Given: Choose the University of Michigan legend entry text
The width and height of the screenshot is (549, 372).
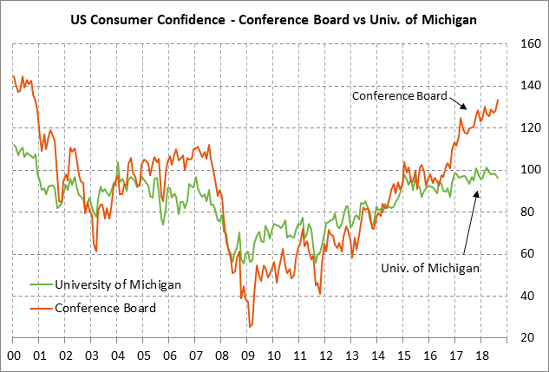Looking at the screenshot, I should [x=117, y=284].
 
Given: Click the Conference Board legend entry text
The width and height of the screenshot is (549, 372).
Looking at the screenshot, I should [x=105, y=307].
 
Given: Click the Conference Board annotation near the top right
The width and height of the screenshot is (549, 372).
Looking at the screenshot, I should [x=398, y=96].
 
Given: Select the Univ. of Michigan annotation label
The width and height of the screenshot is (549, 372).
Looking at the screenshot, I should [x=430, y=269].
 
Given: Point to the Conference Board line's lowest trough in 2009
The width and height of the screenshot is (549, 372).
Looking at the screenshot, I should [x=250, y=327].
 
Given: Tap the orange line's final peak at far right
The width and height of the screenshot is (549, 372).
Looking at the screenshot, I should [x=498, y=100].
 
